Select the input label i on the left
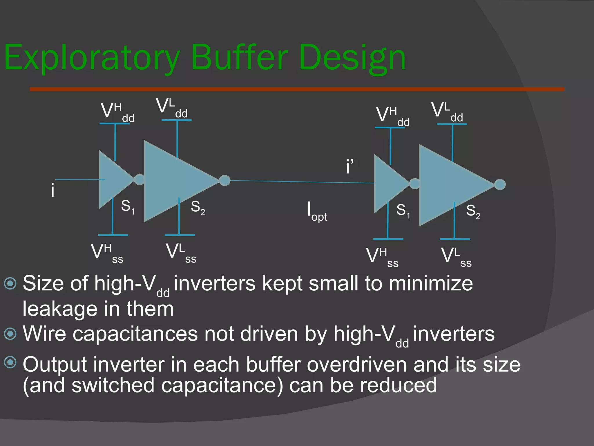[x=52, y=191]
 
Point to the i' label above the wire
[x=349, y=167]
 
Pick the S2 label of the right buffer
[x=473, y=211]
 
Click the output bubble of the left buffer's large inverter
[x=224, y=180]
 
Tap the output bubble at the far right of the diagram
[x=500, y=184]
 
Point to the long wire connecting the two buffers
[x=302, y=182]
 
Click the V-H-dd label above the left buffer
[x=117, y=112]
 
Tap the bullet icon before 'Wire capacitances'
[x=10, y=334]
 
